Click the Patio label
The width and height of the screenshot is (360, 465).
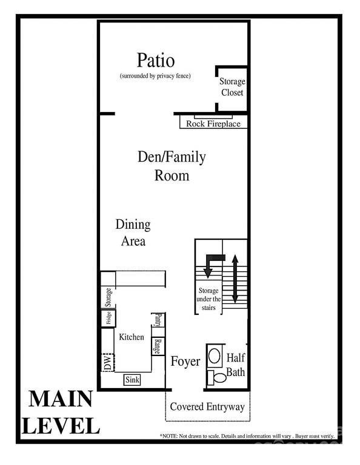click(156, 61)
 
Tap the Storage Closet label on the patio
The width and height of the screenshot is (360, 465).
click(232, 87)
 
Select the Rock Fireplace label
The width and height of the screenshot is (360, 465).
click(213, 124)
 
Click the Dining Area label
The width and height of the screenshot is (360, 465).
click(133, 232)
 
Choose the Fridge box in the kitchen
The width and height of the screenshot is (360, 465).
click(108, 318)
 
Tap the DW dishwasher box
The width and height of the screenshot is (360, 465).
click(108, 363)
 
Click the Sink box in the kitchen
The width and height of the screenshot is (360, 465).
click(133, 380)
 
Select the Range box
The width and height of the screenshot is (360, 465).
click(158, 346)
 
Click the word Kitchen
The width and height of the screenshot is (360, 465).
click(132, 337)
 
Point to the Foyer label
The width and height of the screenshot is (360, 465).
click(185, 362)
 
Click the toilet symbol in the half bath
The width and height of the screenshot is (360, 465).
click(217, 378)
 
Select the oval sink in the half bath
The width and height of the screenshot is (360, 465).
click(215, 355)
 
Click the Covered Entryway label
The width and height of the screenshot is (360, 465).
click(207, 407)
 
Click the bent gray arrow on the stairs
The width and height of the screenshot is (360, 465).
click(211, 265)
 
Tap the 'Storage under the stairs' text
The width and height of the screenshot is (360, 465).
click(208, 300)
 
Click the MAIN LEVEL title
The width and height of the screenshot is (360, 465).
click(61, 412)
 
